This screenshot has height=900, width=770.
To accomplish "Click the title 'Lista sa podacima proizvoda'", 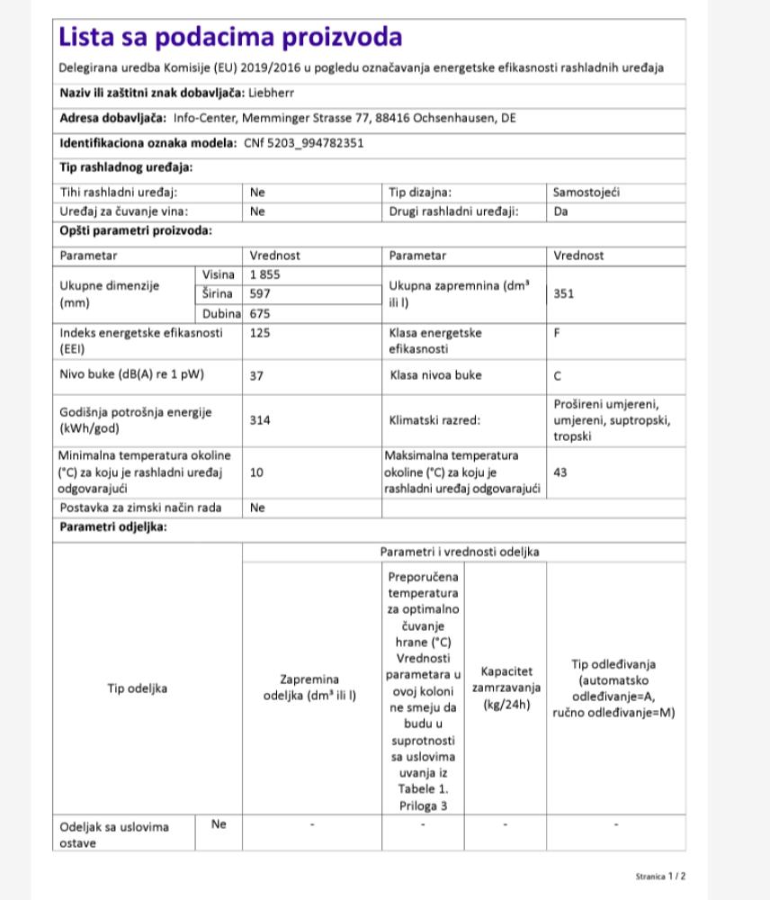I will pos(230,38).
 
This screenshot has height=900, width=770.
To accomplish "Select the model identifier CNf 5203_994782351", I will pos(304,142).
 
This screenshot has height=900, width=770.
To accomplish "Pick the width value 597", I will pos(260,293).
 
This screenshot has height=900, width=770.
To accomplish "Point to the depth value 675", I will pos(260,314).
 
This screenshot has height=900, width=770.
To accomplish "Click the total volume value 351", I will pos(564,292).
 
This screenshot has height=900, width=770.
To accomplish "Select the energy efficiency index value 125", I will pos(260,333).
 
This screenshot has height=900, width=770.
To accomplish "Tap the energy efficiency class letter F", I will pos(558,333).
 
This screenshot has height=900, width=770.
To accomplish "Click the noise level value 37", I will pos(256,376).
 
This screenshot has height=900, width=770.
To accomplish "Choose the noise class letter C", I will pos(558,376).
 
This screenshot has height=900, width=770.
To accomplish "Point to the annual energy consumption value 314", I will pos(260,420).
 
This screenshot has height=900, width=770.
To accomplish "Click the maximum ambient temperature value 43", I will pos(560,472).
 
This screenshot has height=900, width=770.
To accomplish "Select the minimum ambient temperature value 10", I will pos(256,472).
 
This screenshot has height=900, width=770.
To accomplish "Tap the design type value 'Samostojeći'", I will pos(586,192).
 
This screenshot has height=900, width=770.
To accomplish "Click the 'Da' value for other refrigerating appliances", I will pos(560,211).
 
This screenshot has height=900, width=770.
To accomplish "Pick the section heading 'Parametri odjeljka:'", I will pos(113,526).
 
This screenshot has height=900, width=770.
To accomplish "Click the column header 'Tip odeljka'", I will pos(137,688).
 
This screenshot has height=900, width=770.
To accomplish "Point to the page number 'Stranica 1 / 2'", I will pos(660,875).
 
